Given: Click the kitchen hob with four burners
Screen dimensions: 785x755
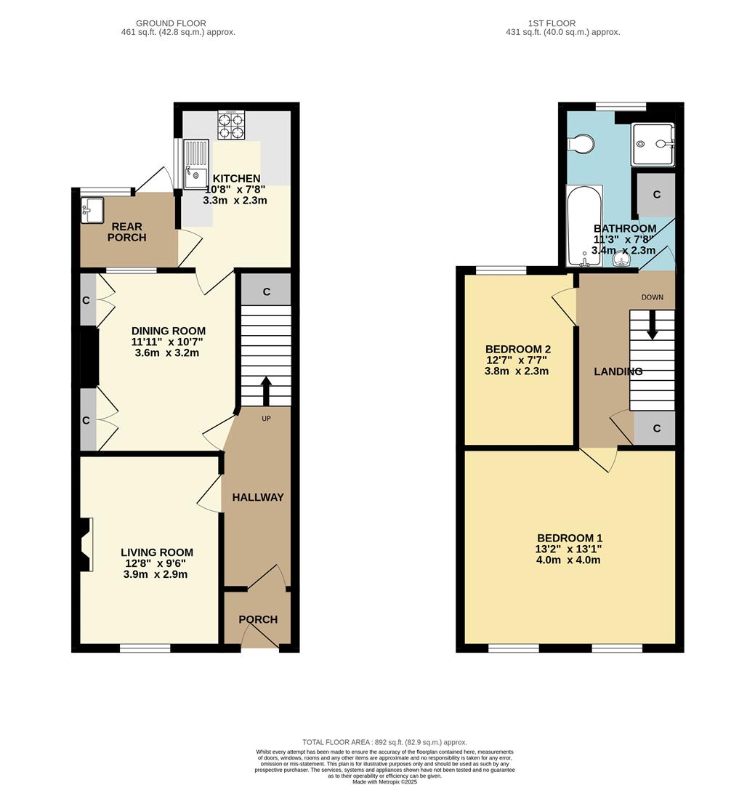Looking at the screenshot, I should [x=232, y=125].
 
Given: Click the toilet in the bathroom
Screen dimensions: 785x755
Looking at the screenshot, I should [x=581, y=145].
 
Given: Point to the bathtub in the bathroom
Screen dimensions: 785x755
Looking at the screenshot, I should [x=584, y=226].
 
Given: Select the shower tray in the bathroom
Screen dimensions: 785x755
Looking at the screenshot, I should [x=652, y=145].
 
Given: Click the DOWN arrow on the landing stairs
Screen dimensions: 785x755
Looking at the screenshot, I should [x=652, y=326].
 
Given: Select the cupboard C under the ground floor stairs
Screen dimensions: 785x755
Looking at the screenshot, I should [x=266, y=291].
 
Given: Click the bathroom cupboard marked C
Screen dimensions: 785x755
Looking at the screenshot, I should [x=656, y=195].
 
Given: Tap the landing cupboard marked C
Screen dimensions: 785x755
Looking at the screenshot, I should [x=656, y=428].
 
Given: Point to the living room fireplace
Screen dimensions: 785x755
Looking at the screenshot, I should [x=86, y=544].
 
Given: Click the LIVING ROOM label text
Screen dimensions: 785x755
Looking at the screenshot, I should [x=157, y=552].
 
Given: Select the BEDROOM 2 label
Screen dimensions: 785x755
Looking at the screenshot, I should [x=516, y=348].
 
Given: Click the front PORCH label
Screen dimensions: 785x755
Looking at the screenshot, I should [x=258, y=619].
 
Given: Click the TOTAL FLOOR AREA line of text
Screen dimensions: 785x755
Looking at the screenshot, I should [x=384, y=742].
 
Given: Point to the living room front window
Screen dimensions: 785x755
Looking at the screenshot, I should [x=145, y=647].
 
